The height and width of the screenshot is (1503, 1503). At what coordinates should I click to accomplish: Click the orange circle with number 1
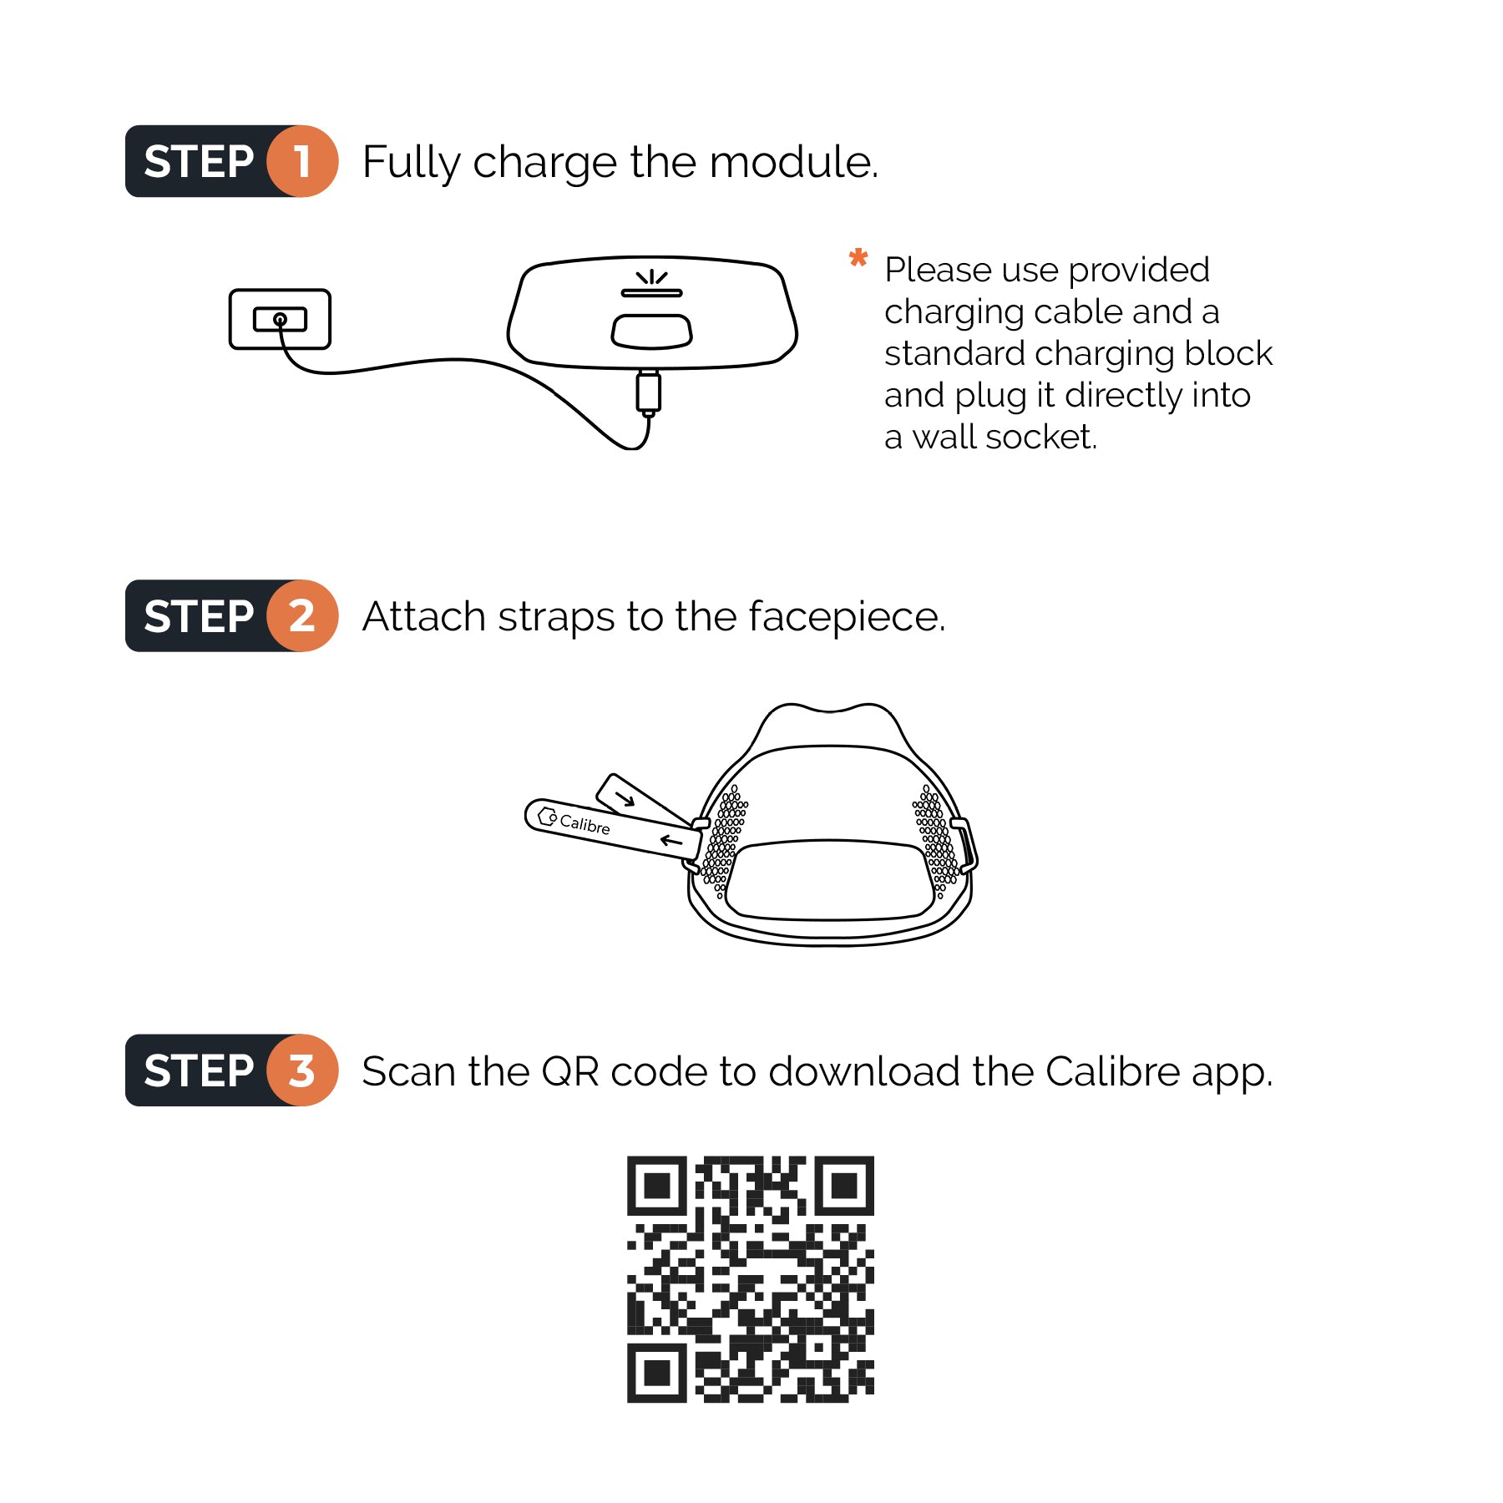pyautogui.click(x=302, y=161)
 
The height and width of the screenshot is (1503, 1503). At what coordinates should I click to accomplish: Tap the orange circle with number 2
pyautogui.click(x=302, y=616)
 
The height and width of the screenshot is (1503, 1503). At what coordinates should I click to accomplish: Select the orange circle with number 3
pyautogui.click(x=302, y=1070)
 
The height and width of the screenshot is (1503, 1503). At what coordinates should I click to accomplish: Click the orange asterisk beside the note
pyautogui.click(x=858, y=258)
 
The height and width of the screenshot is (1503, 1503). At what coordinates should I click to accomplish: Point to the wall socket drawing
pyautogui.click(x=280, y=319)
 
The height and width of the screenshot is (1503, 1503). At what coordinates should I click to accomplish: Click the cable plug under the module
pyautogui.click(x=648, y=392)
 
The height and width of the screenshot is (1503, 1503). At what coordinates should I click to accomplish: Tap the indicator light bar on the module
pyautogui.click(x=651, y=293)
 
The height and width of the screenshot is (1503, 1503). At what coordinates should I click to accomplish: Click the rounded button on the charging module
pyautogui.click(x=651, y=331)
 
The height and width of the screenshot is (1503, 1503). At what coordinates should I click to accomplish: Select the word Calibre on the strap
pyautogui.click(x=584, y=824)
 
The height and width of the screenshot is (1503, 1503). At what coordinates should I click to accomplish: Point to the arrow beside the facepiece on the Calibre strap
pyautogui.click(x=671, y=840)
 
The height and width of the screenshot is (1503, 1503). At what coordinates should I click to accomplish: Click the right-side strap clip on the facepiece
pyautogui.click(x=964, y=846)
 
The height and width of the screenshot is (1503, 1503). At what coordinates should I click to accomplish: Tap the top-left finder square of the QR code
pyautogui.click(x=657, y=1186)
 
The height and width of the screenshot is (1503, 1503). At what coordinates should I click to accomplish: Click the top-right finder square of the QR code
pyautogui.click(x=844, y=1186)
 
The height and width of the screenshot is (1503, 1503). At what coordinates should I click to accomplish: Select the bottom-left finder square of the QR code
pyautogui.click(x=657, y=1373)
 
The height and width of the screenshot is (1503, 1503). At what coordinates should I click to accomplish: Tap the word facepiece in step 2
pyautogui.click(x=845, y=617)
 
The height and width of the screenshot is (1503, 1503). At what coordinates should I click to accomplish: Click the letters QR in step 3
pyautogui.click(x=570, y=1071)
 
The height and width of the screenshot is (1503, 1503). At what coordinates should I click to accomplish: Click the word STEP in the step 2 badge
pyautogui.click(x=199, y=616)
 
